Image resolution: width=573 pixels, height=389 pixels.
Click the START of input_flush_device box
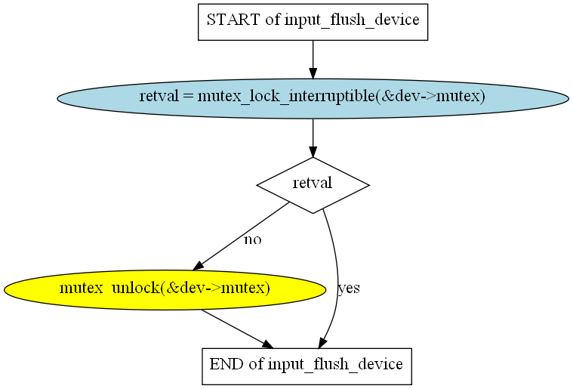313,20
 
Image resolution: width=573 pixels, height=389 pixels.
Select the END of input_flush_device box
306,365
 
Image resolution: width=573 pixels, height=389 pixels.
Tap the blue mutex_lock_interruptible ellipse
313,97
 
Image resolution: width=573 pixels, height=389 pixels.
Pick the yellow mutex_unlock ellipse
165,289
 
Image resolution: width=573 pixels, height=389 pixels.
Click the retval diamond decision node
313,184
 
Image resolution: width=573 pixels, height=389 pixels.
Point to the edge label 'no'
252,240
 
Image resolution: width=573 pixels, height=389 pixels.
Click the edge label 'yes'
349,289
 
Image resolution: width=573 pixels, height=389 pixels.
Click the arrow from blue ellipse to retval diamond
313,137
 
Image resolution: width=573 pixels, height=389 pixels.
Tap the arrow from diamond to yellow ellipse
242,236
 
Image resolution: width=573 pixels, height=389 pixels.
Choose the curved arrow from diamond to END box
337,272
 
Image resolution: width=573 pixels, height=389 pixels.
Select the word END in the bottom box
226,365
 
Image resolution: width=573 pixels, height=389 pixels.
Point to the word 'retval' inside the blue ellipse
157,97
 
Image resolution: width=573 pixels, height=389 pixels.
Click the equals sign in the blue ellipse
185,97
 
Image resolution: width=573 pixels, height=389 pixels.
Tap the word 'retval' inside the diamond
313,184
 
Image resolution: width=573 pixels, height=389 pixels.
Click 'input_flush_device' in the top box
352,20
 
